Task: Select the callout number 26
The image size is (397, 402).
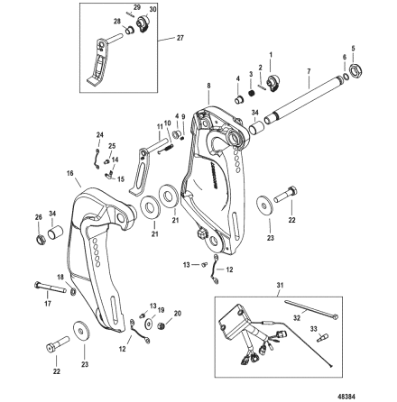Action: pyautogui.click(x=37, y=217)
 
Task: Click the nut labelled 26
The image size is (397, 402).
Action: pyautogui.click(x=41, y=241)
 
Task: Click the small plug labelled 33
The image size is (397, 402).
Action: pyautogui.click(x=322, y=336)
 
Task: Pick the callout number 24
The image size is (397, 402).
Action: pyautogui.click(x=99, y=135)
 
